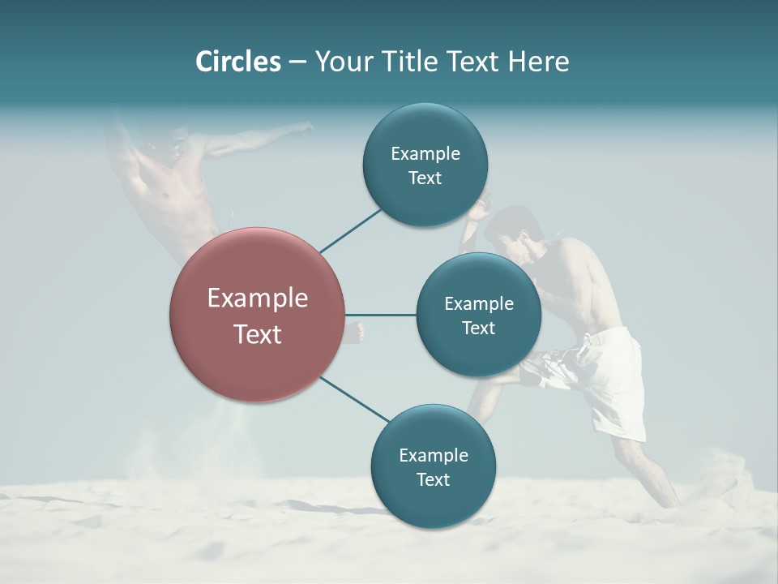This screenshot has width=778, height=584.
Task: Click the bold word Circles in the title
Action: (237, 62)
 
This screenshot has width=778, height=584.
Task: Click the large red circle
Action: (257, 315)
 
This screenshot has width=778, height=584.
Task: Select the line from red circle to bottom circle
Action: (355, 399)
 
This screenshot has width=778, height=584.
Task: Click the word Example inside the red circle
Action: (257, 298)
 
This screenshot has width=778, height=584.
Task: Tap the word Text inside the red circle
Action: (257, 334)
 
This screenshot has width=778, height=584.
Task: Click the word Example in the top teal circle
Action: (425, 153)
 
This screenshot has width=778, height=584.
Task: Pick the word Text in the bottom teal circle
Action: (433, 479)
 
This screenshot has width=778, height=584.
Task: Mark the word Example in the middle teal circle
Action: (478, 303)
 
